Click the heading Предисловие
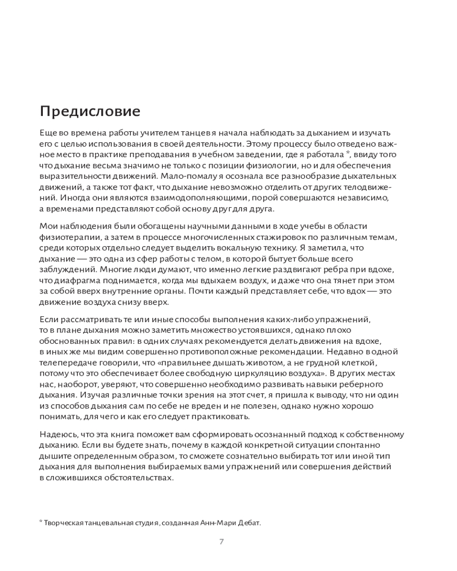coord(90,109)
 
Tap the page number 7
coord(222,542)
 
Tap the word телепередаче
coord(68,362)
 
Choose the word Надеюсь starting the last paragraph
coord(57,433)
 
